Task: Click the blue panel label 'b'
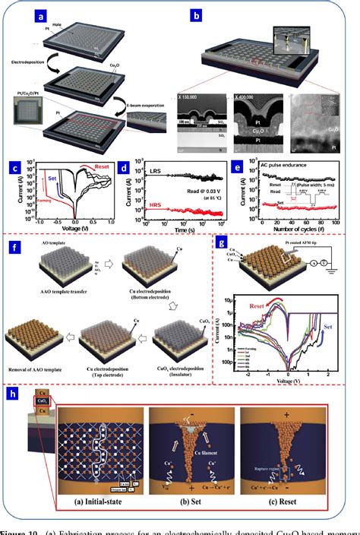(x=197, y=14)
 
